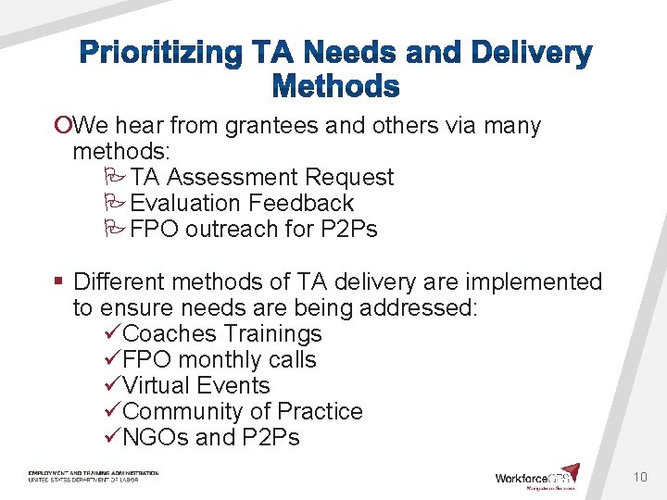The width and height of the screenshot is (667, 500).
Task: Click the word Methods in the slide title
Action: [x=335, y=88]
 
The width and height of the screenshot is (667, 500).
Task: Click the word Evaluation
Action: [x=190, y=204]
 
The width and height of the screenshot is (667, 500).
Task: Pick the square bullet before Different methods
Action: [x=57, y=281]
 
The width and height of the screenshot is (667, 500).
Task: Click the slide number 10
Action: [x=639, y=477]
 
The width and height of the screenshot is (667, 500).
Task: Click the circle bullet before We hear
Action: [x=63, y=126]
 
